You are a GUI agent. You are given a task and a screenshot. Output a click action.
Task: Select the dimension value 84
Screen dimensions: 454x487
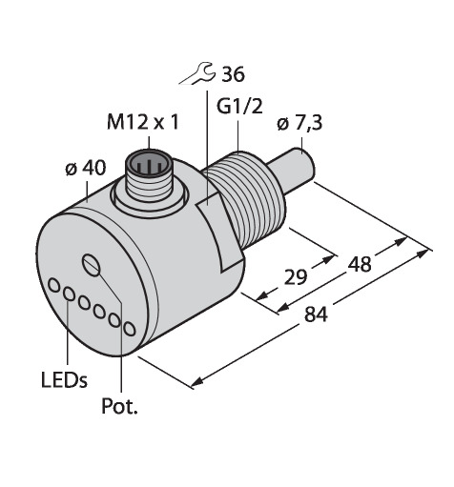(316, 315)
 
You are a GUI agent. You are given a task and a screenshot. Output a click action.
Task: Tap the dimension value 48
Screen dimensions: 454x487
(360, 264)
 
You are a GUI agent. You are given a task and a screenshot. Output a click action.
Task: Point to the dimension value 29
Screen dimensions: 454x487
(296, 276)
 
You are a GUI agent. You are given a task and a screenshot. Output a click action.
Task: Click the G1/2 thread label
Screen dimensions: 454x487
(239, 107)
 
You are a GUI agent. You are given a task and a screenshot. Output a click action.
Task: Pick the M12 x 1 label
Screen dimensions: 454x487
(143, 122)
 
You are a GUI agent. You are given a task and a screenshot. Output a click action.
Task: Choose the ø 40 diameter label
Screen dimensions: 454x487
(86, 168)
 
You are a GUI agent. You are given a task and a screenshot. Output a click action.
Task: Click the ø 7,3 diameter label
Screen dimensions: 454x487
(299, 123)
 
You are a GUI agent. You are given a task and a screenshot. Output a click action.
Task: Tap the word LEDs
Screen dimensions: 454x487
(64, 380)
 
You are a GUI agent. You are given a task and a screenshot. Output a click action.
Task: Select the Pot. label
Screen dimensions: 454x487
(119, 406)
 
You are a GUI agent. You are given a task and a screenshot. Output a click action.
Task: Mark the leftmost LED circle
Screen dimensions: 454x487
(54, 285)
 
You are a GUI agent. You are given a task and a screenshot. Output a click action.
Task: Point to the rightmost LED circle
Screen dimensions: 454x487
(129, 329)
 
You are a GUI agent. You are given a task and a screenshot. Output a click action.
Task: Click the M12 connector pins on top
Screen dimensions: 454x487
(148, 165)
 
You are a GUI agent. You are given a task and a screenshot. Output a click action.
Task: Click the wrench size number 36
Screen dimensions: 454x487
(233, 74)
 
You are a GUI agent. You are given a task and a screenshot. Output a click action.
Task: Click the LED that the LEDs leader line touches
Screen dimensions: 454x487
(69, 294)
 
